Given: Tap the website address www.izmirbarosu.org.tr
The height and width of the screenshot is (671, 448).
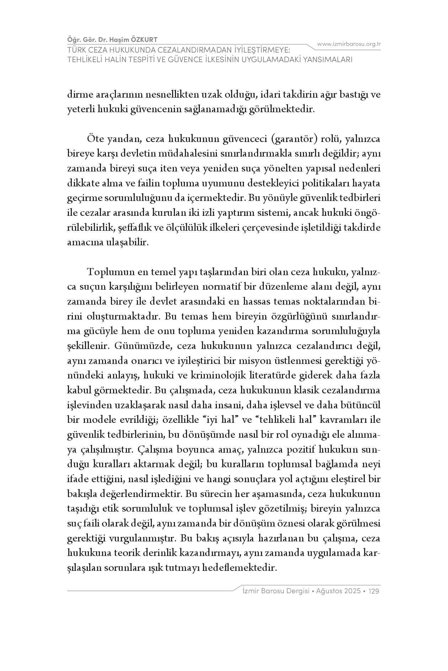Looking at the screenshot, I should click(x=349, y=44).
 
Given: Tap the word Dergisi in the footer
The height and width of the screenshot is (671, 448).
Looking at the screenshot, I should click(x=295, y=591).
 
